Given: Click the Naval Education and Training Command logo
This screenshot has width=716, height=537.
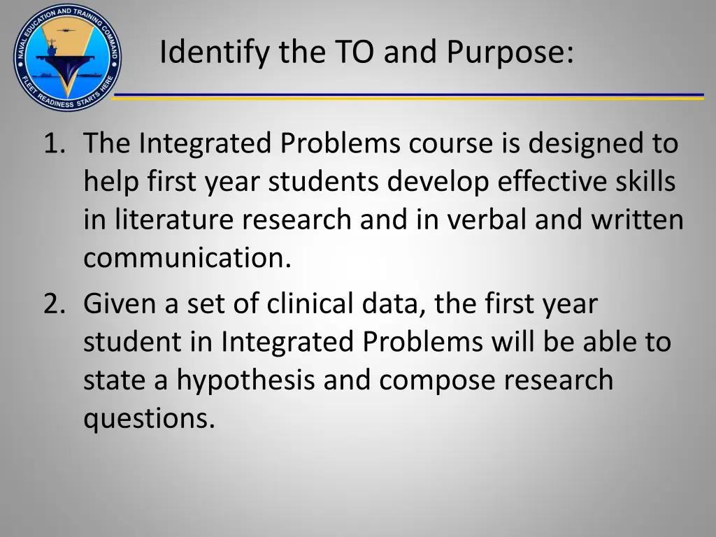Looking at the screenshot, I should point(66,57).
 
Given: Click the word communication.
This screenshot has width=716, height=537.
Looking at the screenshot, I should point(186,259).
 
